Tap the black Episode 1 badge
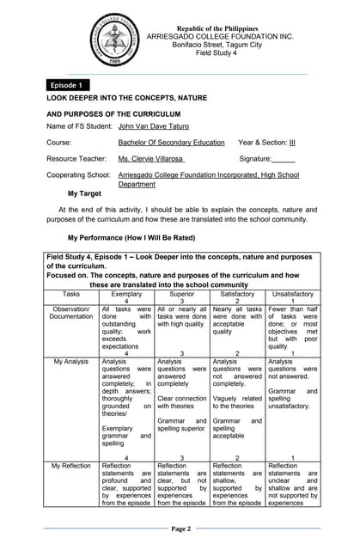click(67, 86)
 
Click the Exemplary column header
click(126, 293)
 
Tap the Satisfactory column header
click(237, 293)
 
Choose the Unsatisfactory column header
click(292, 293)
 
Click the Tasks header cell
click(71, 293)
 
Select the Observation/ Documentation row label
click(71, 313)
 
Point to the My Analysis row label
click(71, 362)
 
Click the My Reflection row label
click(71, 465)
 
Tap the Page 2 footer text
click(180, 529)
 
